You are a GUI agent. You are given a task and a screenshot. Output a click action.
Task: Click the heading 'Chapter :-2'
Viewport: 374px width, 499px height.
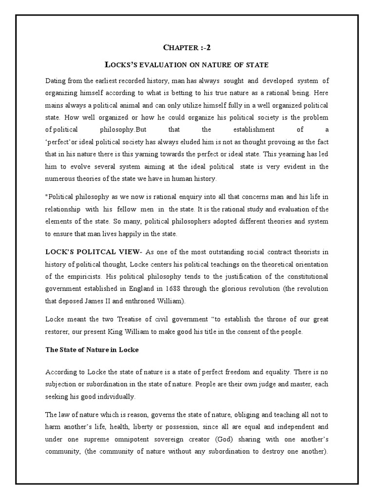[187, 47]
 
